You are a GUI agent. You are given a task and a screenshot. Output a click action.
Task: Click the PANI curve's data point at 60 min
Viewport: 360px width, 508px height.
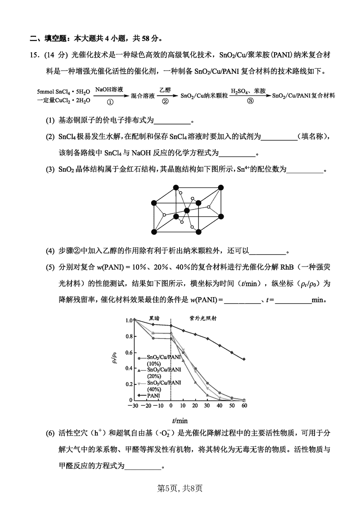click(244, 359)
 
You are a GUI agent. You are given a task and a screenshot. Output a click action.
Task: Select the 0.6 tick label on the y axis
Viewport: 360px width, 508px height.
click(129, 352)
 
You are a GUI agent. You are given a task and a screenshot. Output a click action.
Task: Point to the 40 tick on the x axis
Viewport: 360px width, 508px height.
click(220, 406)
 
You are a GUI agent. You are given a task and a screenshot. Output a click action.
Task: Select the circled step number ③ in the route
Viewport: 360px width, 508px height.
click(250, 102)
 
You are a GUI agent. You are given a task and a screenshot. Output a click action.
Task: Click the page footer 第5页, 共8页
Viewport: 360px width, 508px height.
click(180, 487)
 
